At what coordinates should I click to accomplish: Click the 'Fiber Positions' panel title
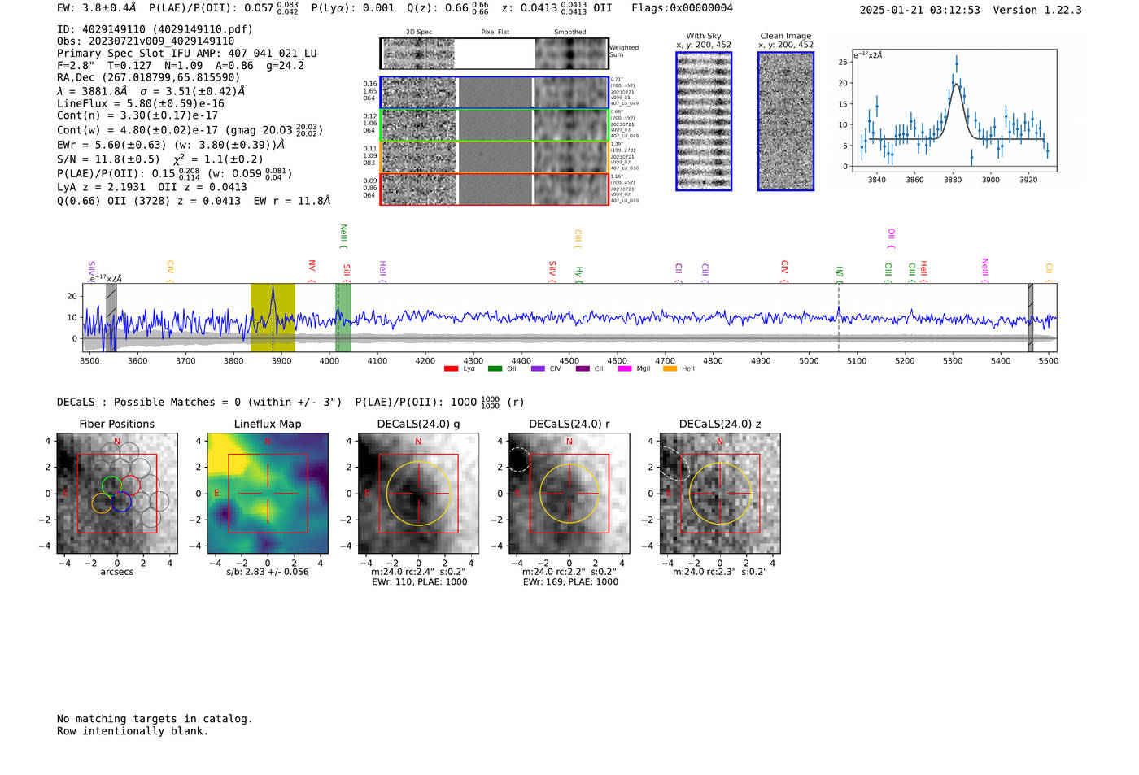click(x=116, y=424)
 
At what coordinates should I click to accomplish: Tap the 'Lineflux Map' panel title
click(x=267, y=424)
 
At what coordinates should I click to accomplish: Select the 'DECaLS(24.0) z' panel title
click(x=719, y=424)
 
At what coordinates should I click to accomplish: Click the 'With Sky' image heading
click(x=704, y=36)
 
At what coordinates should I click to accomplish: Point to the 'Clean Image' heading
click(x=785, y=36)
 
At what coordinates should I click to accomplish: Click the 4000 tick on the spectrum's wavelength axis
click(x=329, y=360)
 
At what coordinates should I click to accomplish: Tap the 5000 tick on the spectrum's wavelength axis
click(x=809, y=360)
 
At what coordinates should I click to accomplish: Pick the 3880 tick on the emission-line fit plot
click(x=953, y=180)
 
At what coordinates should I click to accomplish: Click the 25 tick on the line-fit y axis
click(x=843, y=62)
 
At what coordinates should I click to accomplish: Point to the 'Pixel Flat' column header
click(x=495, y=33)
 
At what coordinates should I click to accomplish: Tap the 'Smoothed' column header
click(x=569, y=33)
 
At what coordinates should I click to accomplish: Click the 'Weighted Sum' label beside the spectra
click(x=624, y=51)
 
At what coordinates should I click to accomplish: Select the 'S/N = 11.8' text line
click(x=159, y=159)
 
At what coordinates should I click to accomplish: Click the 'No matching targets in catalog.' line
click(x=155, y=719)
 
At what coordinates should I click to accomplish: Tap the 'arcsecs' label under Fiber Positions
click(x=116, y=572)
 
